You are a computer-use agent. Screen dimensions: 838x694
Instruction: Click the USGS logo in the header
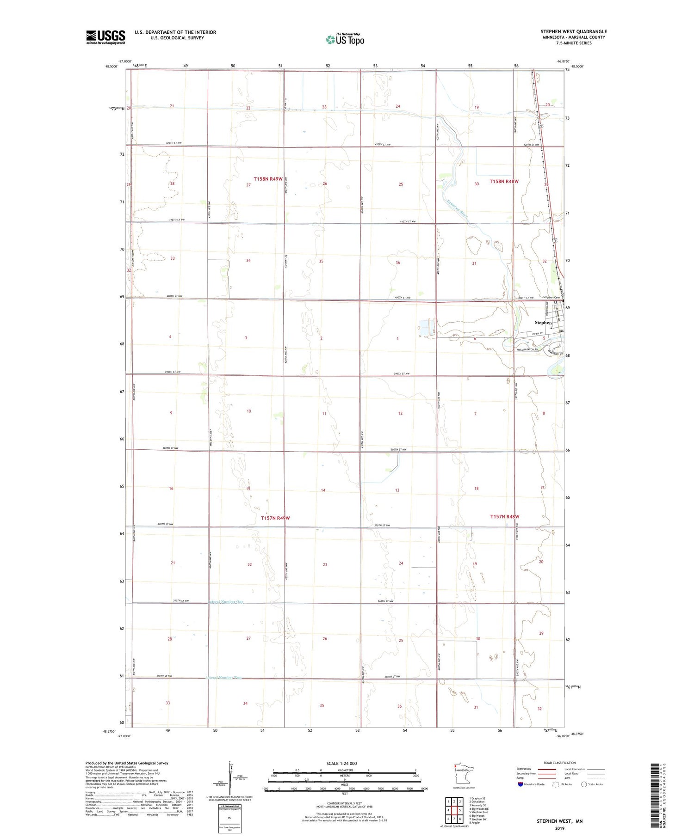point(105,37)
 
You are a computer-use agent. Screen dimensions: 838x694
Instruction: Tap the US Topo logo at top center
point(345,39)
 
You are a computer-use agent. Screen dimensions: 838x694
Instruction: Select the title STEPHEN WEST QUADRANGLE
point(573,32)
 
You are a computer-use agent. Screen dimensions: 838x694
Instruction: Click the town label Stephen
point(543,323)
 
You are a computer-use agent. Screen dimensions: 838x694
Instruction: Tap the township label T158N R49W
point(268,179)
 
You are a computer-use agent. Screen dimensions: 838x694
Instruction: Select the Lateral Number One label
point(225,602)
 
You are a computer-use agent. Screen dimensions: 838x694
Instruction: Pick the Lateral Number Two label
point(223,678)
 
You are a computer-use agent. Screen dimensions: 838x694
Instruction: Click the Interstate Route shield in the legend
point(520,784)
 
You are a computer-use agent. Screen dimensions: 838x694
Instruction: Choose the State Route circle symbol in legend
point(584,784)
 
